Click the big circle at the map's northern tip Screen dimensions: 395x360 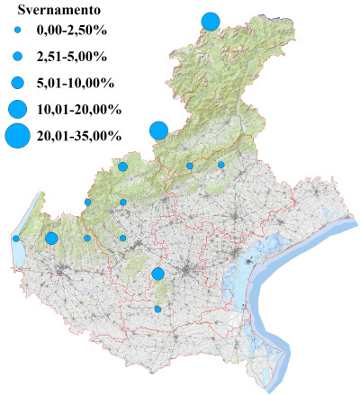[211, 21]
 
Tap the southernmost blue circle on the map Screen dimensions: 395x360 [157, 310]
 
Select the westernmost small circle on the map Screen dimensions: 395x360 [16, 238]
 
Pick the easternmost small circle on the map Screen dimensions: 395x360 [221, 165]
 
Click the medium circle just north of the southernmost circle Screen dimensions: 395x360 [157, 274]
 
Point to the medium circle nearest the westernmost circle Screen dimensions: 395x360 [51, 238]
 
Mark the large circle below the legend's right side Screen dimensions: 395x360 [158, 130]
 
